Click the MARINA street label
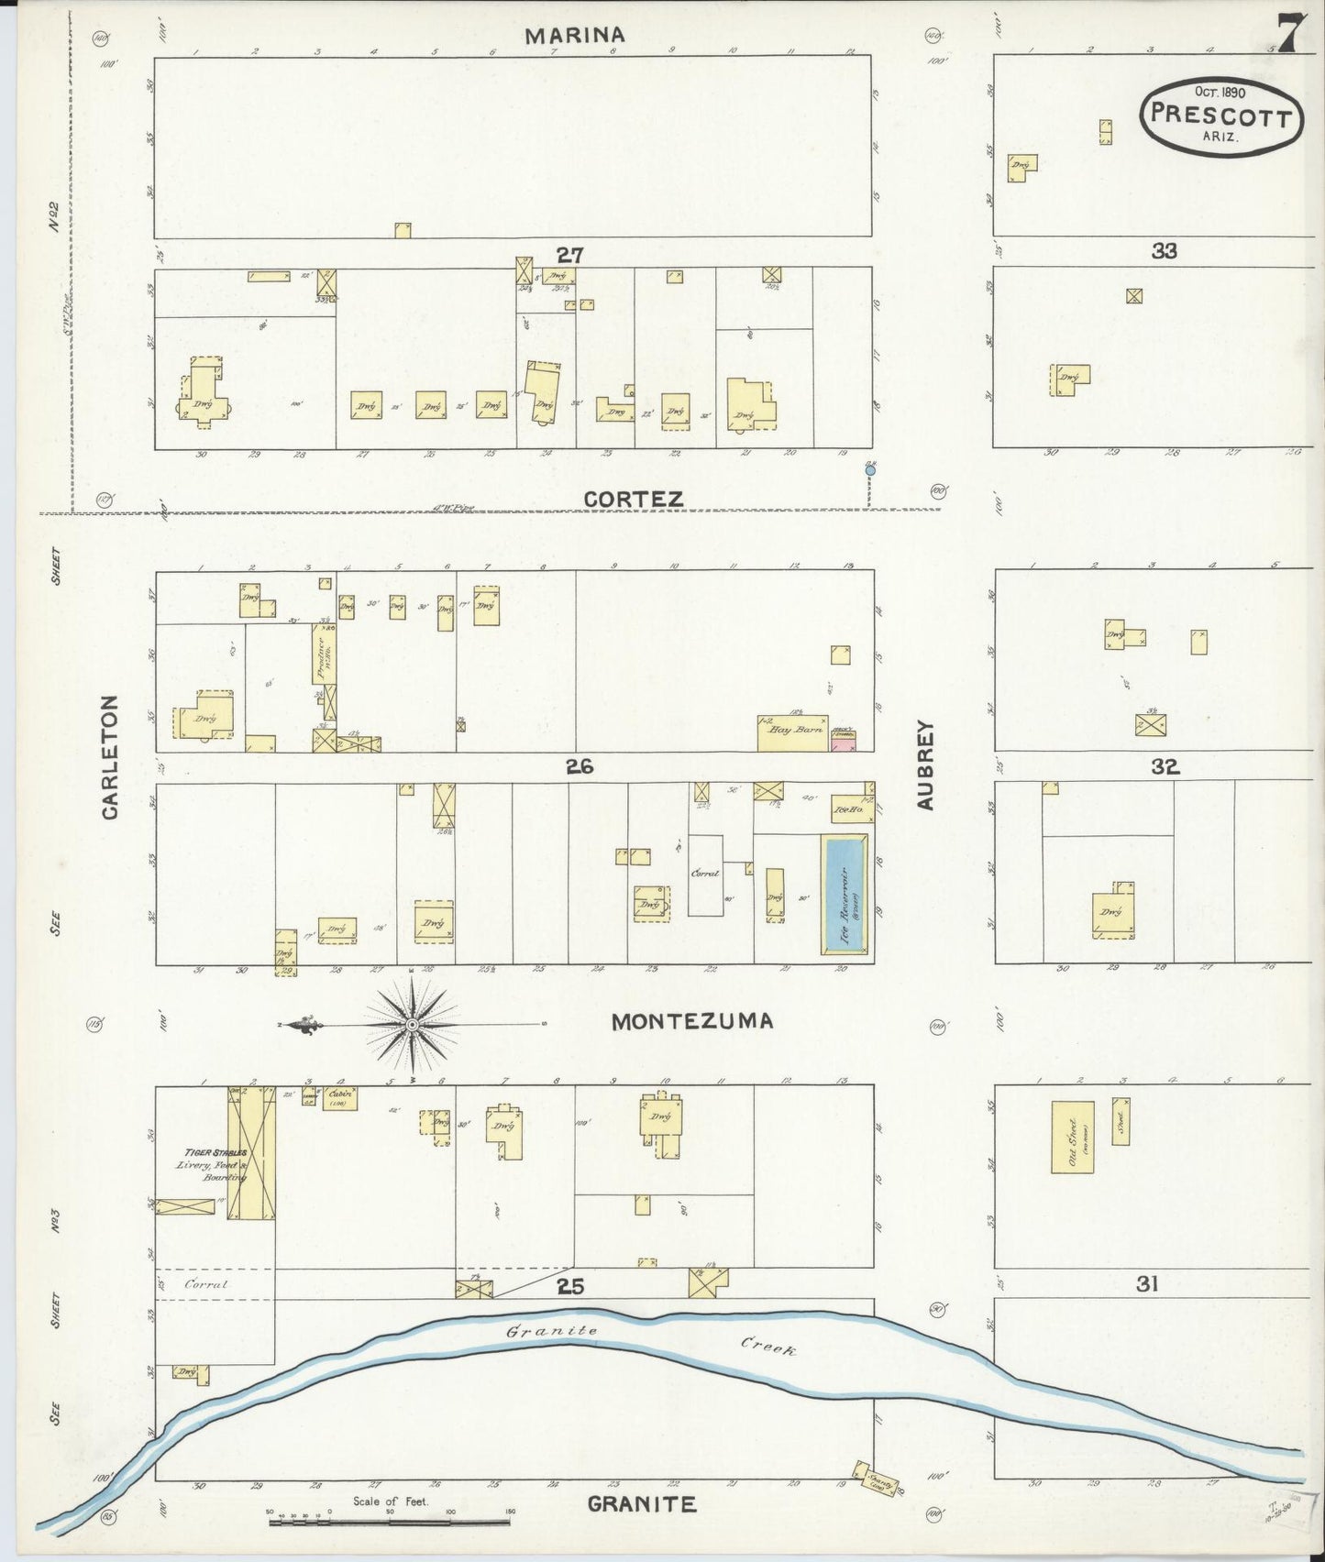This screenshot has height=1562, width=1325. (575, 36)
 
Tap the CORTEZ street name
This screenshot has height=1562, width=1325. (634, 500)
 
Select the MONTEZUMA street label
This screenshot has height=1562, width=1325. (692, 1021)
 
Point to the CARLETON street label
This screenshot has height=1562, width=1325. (109, 757)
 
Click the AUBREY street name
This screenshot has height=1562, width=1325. (925, 764)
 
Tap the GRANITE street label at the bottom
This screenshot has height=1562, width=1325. (641, 1504)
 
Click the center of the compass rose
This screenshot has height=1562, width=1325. (413, 1024)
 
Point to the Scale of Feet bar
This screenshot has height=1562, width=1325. (390, 1523)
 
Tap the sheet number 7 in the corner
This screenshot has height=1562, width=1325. (1288, 36)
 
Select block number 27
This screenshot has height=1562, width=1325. (569, 255)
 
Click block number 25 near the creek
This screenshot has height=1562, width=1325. (569, 1287)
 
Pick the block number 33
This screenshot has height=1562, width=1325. (1164, 251)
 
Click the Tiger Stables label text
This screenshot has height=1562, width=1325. (215, 1153)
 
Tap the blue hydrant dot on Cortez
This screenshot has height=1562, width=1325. (869, 470)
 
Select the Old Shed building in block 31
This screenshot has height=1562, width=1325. (1072, 1137)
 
